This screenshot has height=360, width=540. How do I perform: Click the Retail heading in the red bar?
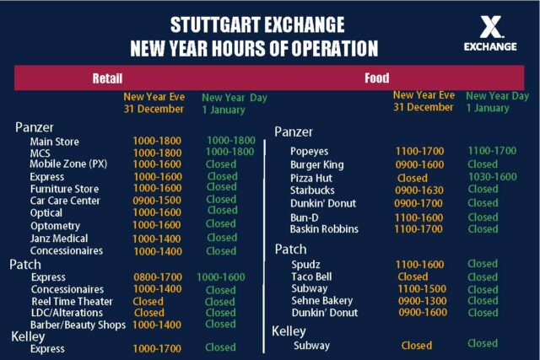click(x=107, y=78)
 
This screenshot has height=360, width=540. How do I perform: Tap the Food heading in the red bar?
click(x=377, y=78)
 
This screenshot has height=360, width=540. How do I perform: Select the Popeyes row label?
click(x=309, y=151)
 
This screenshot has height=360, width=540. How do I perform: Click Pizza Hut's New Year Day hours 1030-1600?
click(x=493, y=176)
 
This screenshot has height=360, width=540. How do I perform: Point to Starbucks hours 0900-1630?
click(x=419, y=190)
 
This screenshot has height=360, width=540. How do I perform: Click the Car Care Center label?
click(x=65, y=201)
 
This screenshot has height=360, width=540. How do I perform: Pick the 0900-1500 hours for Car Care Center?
click(x=157, y=200)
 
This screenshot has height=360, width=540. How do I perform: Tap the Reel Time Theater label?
click(x=72, y=301)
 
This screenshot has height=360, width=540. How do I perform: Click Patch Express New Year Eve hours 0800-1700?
click(x=158, y=277)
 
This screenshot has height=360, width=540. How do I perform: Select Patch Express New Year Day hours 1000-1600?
click(x=221, y=277)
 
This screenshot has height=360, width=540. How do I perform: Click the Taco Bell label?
click(x=311, y=277)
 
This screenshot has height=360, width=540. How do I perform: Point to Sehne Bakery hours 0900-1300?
click(x=422, y=301)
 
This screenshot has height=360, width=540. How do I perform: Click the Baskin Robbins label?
click(x=324, y=228)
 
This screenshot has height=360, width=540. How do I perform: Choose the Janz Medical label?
click(x=59, y=238)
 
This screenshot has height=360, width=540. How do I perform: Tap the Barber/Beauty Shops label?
click(x=78, y=325)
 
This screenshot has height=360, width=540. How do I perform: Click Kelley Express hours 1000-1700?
click(x=157, y=348)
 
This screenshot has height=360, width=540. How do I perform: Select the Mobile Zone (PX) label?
click(x=68, y=164)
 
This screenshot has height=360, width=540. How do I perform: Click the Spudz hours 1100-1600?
click(x=419, y=264)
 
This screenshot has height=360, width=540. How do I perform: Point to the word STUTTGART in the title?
click(x=213, y=24)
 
